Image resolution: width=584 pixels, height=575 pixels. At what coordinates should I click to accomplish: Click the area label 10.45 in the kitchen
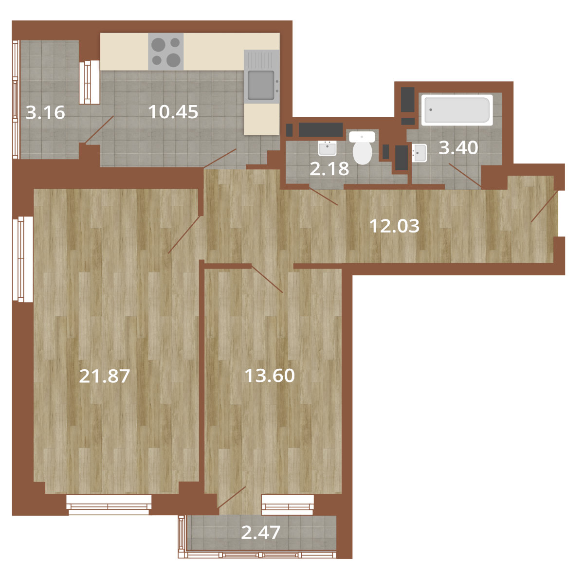[x=173, y=111]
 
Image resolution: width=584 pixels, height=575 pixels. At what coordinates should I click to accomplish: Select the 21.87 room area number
[x=105, y=376]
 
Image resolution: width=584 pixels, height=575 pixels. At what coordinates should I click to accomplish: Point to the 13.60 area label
[x=270, y=376]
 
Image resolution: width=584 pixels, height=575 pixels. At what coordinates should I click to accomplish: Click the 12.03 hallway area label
[x=394, y=226]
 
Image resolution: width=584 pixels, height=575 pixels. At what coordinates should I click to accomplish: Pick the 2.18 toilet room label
[x=329, y=169]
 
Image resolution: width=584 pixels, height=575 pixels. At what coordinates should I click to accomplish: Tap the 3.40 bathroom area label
[x=458, y=148]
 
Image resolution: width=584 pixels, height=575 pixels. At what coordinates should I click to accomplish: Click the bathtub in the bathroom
[x=457, y=109]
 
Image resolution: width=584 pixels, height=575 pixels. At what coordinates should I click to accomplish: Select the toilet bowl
[x=362, y=147]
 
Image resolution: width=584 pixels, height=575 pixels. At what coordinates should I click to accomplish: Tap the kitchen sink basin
[x=261, y=86]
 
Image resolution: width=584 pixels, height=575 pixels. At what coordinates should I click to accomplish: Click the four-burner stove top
[x=166, y=52]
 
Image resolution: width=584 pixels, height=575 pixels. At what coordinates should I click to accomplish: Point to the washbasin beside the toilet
[x=327, y=148]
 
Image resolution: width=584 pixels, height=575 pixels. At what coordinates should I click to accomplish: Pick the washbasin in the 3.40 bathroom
[x=420, y=153]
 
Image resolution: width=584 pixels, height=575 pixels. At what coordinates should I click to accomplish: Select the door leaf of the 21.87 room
[x=184, y=234]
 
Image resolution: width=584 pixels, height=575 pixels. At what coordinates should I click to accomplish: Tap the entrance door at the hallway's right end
[x=545, y=206]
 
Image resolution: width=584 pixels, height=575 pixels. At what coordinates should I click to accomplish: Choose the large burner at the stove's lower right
[x=174, y=60]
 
